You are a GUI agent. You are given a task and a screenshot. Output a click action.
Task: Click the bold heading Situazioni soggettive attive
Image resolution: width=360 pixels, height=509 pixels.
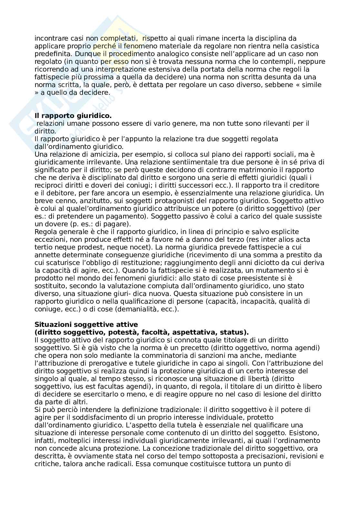(x=86, y=325)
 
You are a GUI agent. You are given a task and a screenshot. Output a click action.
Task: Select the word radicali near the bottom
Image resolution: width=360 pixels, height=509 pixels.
(x=121, y=464)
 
